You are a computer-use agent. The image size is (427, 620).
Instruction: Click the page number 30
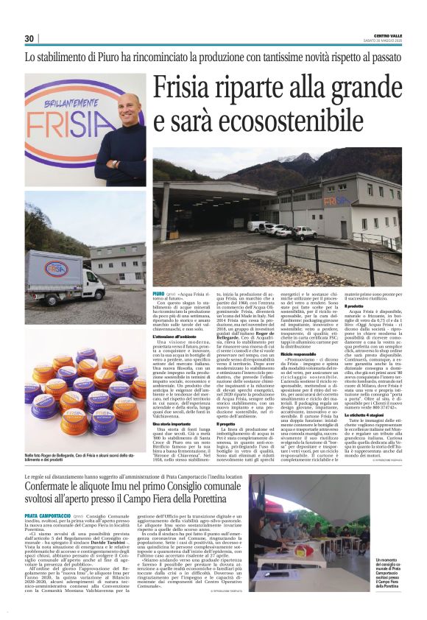point(29,38)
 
